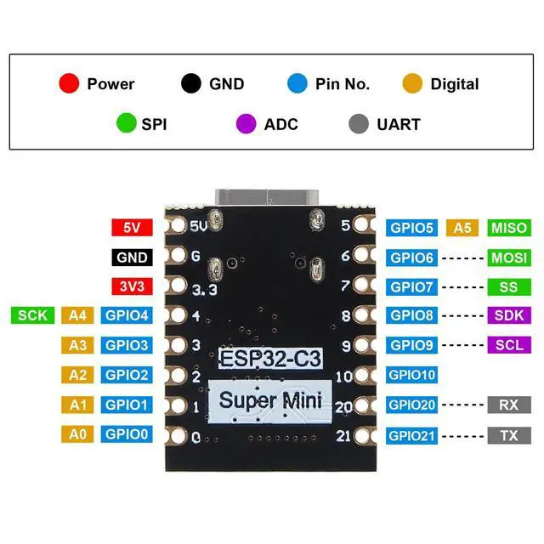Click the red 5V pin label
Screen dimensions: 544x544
[131, 228]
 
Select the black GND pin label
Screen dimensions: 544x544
[131, 258]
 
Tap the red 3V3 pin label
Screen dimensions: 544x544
[131, 287]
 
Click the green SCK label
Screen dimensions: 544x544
[32, 315]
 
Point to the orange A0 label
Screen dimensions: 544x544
[77, 434]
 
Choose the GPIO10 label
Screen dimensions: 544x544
[412, 375]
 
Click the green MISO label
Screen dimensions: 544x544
[508, 228]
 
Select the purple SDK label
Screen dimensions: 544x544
[508, 315]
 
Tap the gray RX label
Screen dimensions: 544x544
[508, 405]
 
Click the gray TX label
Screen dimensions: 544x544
[508, 436]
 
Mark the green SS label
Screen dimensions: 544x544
[508, 287]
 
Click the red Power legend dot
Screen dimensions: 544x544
[69, 83]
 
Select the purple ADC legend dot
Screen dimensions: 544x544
[246, 124]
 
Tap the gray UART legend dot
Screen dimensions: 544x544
[360, 124]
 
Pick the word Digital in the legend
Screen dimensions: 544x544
[454, 84]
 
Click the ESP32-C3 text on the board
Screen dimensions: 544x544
[270, 358]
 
